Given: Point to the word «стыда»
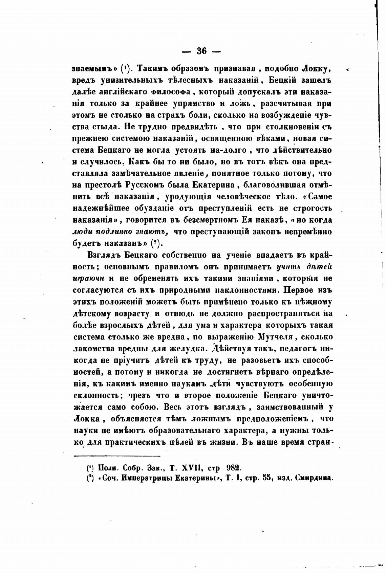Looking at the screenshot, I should [106, 127].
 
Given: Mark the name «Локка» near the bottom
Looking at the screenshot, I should [86, 419].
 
